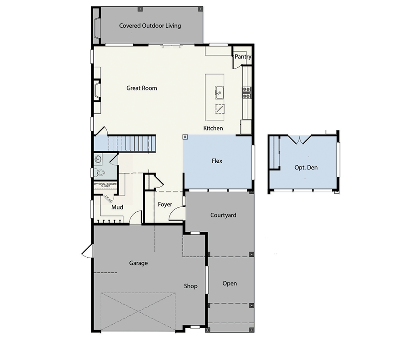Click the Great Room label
click(141, 88)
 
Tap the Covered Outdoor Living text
click(150, 25)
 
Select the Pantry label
click(243, 57)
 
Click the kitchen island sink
click(219, 93)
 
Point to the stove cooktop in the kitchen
click(247, 93)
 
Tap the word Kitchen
click(213, 128)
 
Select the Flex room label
click(217, 161)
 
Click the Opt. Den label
click(306, 167)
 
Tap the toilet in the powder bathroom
click(100, 173)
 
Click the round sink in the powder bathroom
click(98, 159)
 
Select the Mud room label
click(117, 207)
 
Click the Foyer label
click(165, 205)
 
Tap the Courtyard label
click(223, 215)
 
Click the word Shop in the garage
click(190, 286)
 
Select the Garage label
click(138, 263)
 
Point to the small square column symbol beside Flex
click(185, 136)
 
